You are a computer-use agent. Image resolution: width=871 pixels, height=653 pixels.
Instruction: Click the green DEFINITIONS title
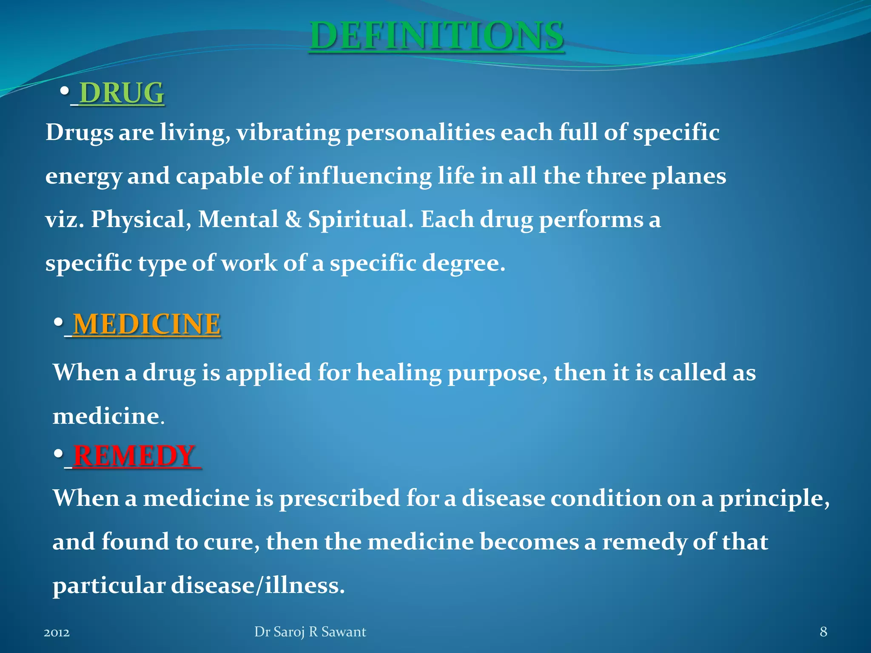click(x=437, y=36)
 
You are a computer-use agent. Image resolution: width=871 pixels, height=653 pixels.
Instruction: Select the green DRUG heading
click(x=122, y=93)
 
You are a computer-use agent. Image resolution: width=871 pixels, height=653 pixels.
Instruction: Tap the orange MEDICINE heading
click(x=147, y=324)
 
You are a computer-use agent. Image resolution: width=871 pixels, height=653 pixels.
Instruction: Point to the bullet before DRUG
click(x=65, y=91)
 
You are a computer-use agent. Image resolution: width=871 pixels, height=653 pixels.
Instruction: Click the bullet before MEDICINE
click(x=59, y=323)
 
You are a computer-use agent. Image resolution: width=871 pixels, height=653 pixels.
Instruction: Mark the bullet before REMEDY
click(x=59, y=454)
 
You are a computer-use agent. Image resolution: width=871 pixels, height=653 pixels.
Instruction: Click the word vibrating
click(x=288, y=133)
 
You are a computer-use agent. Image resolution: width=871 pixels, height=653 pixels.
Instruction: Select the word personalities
click(x=420, y=133)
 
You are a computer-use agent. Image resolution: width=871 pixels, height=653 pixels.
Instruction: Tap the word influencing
click(x=364, y=176)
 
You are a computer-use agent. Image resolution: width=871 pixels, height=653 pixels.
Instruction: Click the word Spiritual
click(x=360, y=220)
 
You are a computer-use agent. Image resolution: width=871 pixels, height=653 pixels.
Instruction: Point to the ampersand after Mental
click(x=293, y=220)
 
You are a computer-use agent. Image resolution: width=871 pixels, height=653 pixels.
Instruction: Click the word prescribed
click(x=339, y=498)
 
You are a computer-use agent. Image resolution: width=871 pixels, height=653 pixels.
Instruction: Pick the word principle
click(x=774, y=499)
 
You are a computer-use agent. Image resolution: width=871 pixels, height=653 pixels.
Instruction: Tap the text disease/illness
click(x=258, y=585)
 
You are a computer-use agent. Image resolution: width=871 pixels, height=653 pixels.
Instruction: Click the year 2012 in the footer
click(x=57, y=633)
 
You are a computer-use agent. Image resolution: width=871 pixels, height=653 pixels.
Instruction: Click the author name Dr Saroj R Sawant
click(x=310, y=632)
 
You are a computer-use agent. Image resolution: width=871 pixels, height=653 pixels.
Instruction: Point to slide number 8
click(x=823, y=632)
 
